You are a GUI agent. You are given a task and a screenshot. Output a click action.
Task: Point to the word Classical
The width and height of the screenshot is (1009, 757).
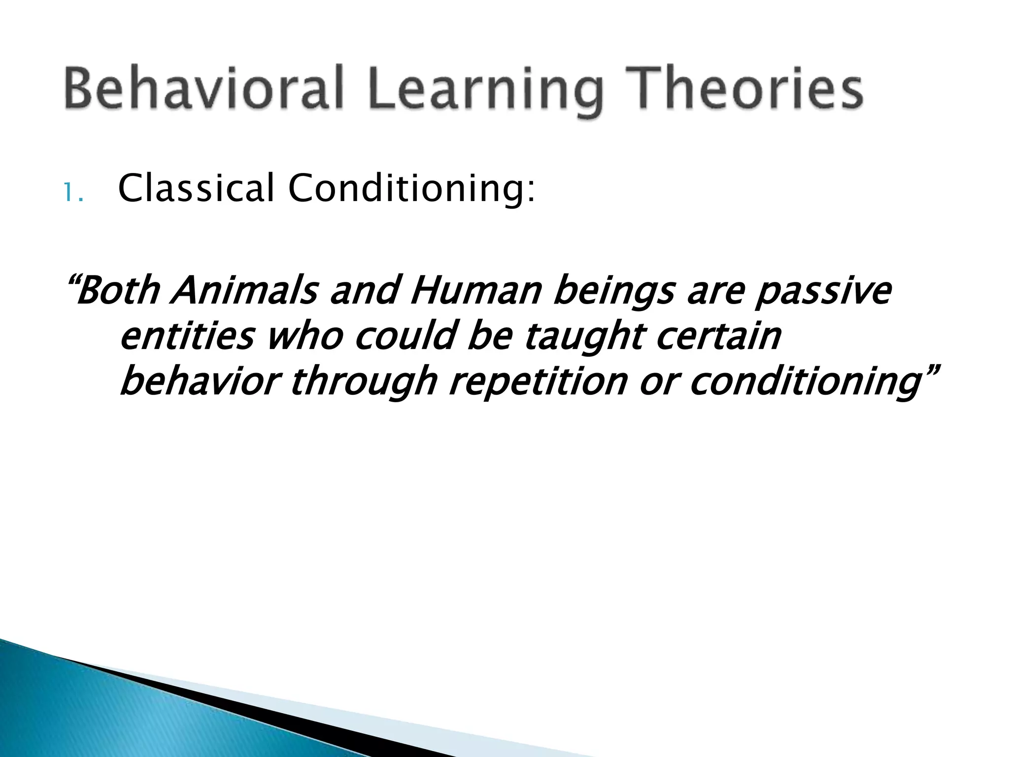coord(196,189)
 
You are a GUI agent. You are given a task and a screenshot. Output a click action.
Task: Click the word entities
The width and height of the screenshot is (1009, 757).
coord(187,337)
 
